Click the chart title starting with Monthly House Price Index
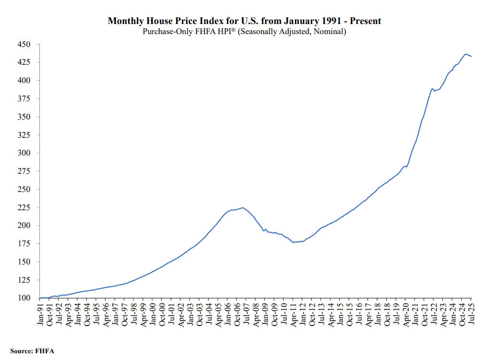(244, 21)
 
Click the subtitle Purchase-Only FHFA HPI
(244, 32)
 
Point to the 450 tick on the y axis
(24, 45)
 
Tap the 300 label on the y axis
(24, 153)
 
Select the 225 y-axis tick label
(24, 207)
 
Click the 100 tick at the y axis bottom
(24, 298)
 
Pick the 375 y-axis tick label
(24, 99)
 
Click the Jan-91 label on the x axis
(41, 314)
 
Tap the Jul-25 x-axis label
(472, 314)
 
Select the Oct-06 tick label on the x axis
(237, 314)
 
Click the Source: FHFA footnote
(32, 351)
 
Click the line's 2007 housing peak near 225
(243, 207)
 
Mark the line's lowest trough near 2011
(293, 242)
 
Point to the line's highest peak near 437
(466, 54)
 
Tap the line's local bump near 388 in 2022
(432, 88)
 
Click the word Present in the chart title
(366, 21)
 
